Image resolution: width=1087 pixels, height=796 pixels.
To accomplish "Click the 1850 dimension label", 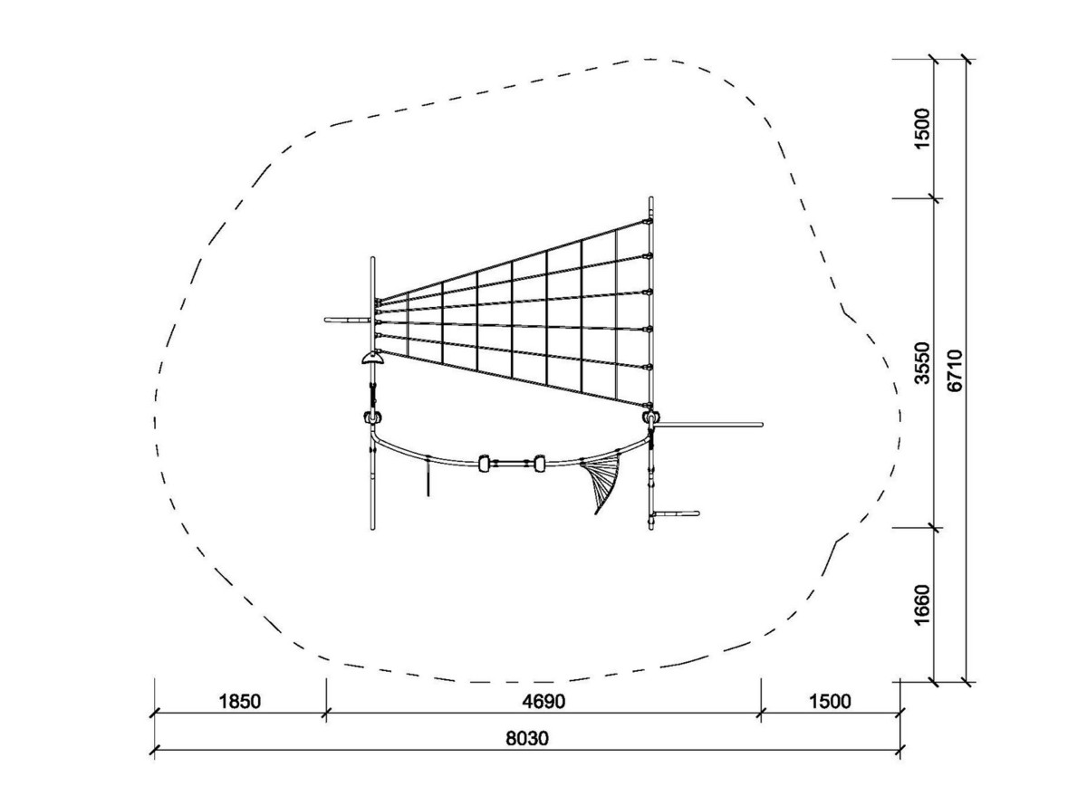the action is pyautogui.click(x=240, y=702).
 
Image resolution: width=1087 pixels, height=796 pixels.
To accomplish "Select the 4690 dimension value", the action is pyautogui.click(x=543, y=702).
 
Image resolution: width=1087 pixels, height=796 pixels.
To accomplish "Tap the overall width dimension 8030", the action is pyautogui.click(x=527, y=739).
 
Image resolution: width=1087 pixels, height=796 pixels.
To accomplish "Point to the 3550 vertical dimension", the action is pyautogui.click(x=922, y=363).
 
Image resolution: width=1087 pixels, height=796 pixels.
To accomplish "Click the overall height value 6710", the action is pyautogui.click(x=955, y=370).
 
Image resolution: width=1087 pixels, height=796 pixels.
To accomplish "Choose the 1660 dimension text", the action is pyautogui.click(x=922, y=605).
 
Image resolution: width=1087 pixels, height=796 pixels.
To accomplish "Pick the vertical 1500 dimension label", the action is pyautogui.click(x=922, y=129).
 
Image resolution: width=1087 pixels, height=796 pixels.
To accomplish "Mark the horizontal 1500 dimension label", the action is pyautogui.click(x=831, y=702).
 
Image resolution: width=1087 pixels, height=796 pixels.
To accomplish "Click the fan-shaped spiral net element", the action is pyautogui.click(x=601, y=482).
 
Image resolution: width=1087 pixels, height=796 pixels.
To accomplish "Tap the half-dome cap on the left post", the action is pyautogui.click(x=372, y=358).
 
